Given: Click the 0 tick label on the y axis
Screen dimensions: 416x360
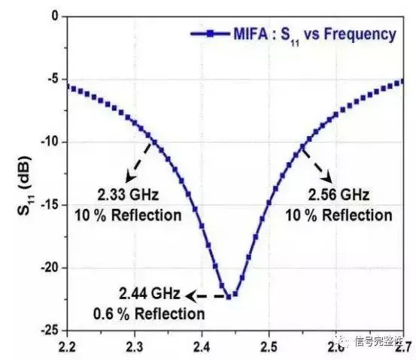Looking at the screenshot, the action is (x=55, y=17).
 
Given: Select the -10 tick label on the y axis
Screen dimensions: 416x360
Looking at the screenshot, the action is (x=50, y=142).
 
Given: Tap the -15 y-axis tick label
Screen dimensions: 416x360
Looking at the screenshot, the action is (x=50, y=205).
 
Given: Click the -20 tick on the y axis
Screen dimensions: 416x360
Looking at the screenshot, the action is (x=50, y=268).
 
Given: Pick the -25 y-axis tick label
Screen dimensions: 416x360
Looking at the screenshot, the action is (x=50, y=330).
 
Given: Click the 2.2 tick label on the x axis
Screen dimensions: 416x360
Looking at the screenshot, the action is (x=67, y=347).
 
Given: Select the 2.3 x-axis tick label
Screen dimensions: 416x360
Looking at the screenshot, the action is (x=135, y=347).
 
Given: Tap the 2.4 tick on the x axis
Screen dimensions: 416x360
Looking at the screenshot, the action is (x=202, y=347).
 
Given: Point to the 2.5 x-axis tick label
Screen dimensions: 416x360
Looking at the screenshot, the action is (x=269, y=347).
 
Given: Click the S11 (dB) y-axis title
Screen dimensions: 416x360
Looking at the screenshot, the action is (x=25, y=186).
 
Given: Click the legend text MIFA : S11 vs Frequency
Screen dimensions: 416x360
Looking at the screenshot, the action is (x=314, y=35).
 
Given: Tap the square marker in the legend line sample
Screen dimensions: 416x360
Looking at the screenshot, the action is (x=210, y=34).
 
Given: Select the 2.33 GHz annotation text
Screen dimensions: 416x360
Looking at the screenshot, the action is (x=128, y=195).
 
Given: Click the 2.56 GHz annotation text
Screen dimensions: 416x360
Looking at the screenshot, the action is (x=339, y=195).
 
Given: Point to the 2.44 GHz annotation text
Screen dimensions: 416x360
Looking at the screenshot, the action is (x=150, y=294).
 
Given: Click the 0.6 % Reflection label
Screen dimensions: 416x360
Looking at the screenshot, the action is (x=149, y=314).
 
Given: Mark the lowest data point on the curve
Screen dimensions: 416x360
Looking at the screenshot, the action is (x=229, y=297).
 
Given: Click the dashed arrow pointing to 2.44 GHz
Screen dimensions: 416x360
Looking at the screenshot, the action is (x=205, y=296).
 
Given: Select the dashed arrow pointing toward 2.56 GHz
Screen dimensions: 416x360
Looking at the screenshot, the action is (x=317, y=166).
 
